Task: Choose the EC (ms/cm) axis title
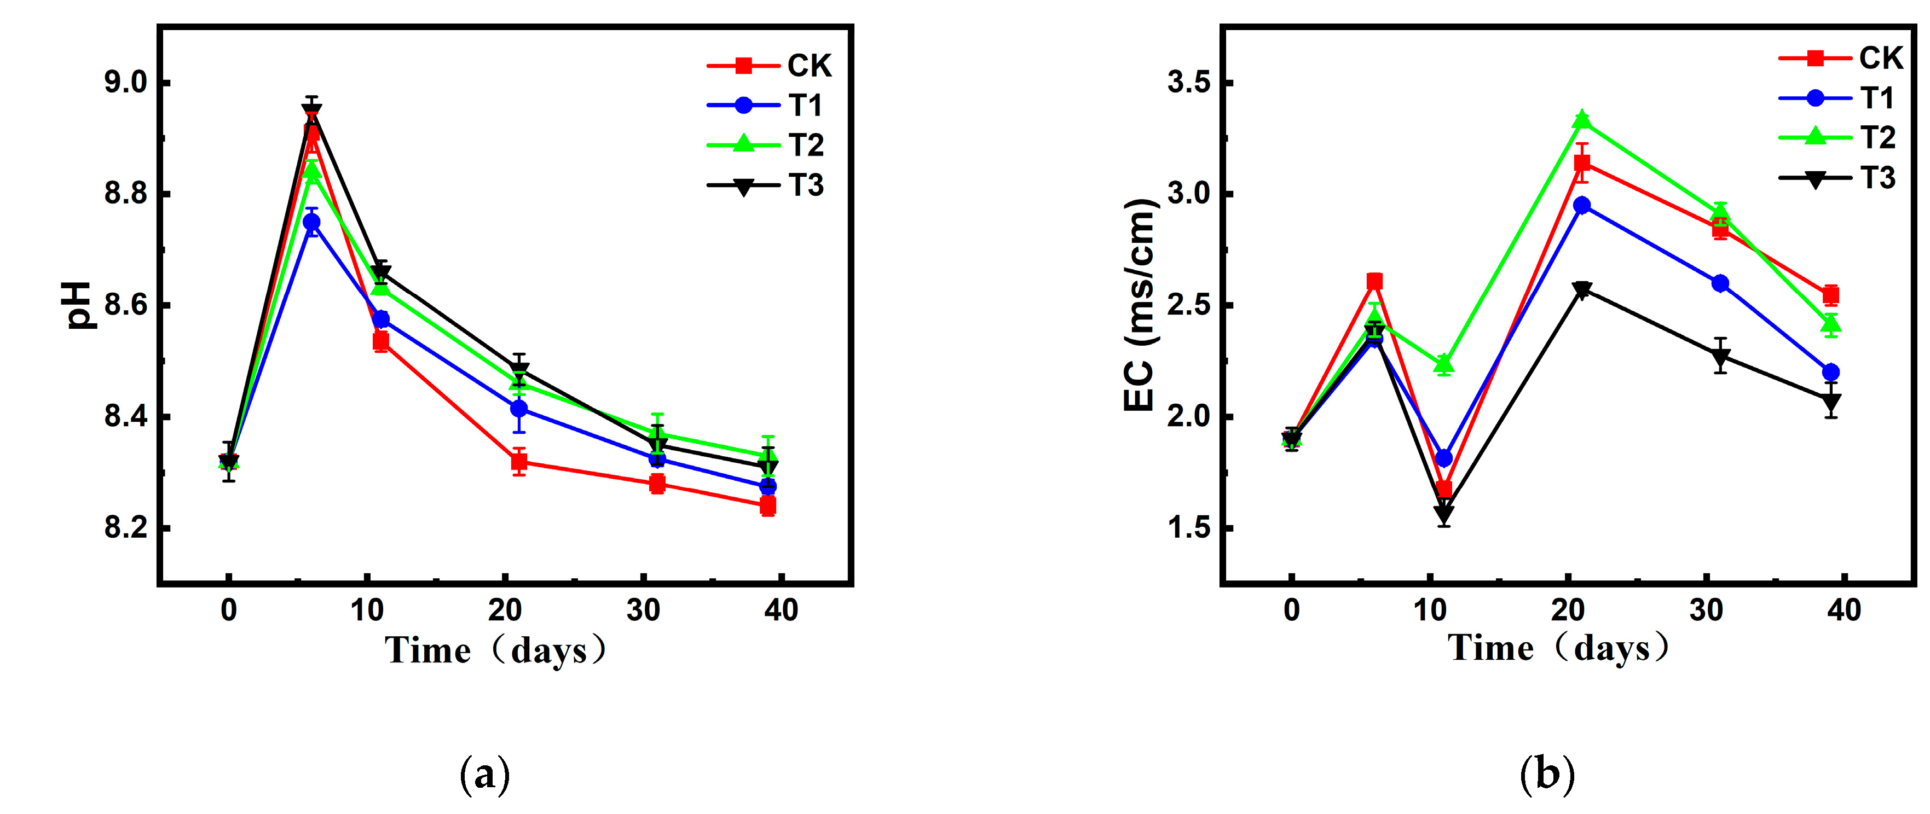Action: [x=1140, y=306]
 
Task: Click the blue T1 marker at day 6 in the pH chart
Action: [x=311, y=223]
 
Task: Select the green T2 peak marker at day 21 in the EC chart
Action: [x=1582, y=120]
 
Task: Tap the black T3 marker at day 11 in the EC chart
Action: [x=1444, y=514]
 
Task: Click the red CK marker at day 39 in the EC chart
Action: [x=1830, y=295]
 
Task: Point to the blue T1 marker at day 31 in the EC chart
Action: [x=1720, y=283]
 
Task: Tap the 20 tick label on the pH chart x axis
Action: [x=505, y=611]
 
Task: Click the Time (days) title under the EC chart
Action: [x=1558, y=648]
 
